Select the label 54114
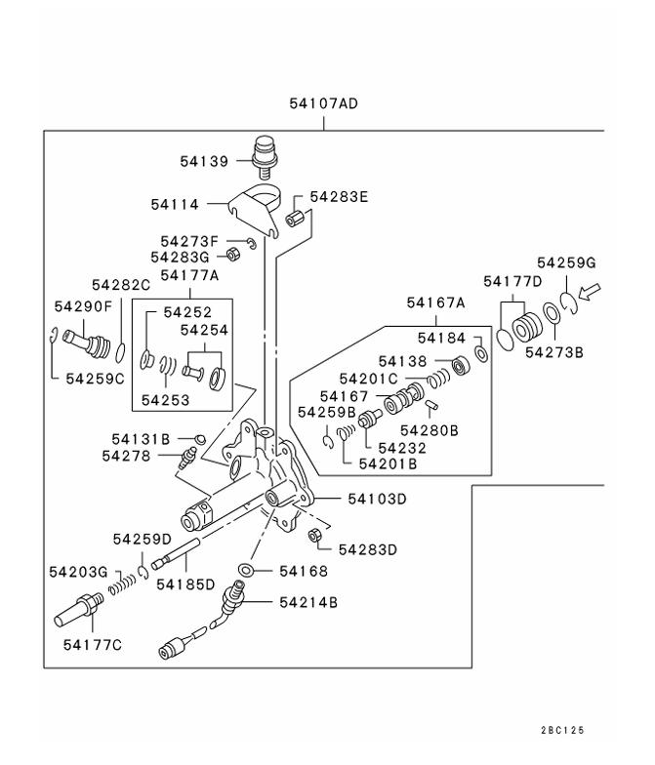click(175, 205)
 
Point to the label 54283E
click(339, 196)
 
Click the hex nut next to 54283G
click(234, 256)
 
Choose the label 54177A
click(189, 276)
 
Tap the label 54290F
click(82, 306)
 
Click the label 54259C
click(95, 378)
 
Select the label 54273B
click(553, 352)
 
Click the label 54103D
click(377, 499)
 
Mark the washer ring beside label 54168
click(248, 570)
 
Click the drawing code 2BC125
click(565, 731)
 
